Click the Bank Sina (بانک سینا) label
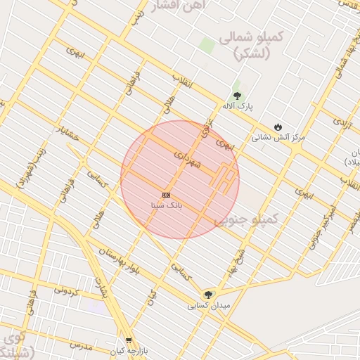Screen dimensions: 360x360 point(167,206)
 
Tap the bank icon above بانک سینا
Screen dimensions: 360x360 point(166,195)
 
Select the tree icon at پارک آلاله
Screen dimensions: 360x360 point(237,95)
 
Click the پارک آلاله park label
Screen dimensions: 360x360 point(238,106)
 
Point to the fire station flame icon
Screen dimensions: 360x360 point(279,127)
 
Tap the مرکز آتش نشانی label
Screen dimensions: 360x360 point(280,138)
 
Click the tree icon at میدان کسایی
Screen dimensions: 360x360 point(207,295)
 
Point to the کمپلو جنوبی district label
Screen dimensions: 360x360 point(246,220)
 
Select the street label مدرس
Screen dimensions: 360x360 point(81,346)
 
